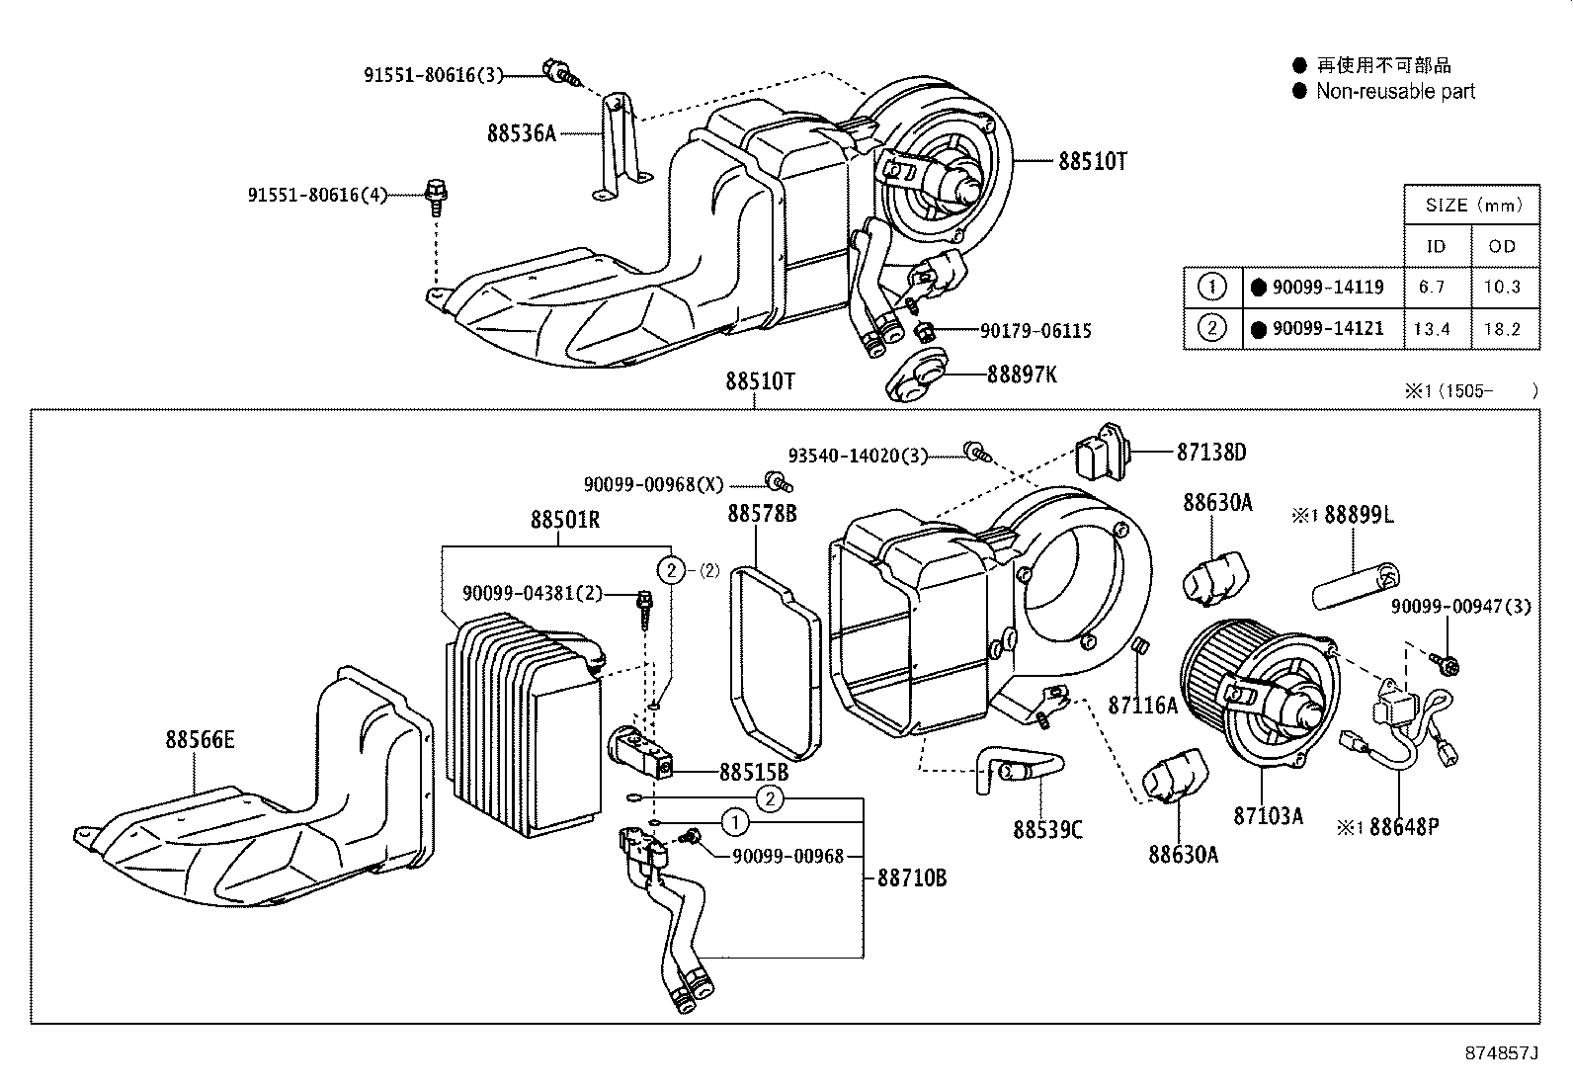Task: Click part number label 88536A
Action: tap(522, 132)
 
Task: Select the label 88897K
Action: tap(1022, 375)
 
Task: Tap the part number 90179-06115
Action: tap(1035, 331)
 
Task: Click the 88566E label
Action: tap(200, 739)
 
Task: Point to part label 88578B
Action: tap(762, 513)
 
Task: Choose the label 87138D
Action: tap(1210, 453)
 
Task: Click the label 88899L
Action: tap(1359, 515)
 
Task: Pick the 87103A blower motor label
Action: tap(1268, 816)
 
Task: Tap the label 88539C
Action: tap(1047, 830)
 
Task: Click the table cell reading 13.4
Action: tap(1431, 329)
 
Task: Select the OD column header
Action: tap(1502, 246)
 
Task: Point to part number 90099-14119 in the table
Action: tap(1328, 288)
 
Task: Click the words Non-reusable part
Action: tap(1394, 92)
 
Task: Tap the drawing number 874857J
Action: tap(1502, 1053)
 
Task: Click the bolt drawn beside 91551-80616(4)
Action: tap(434, 195)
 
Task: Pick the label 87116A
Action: tap(1142, 705)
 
